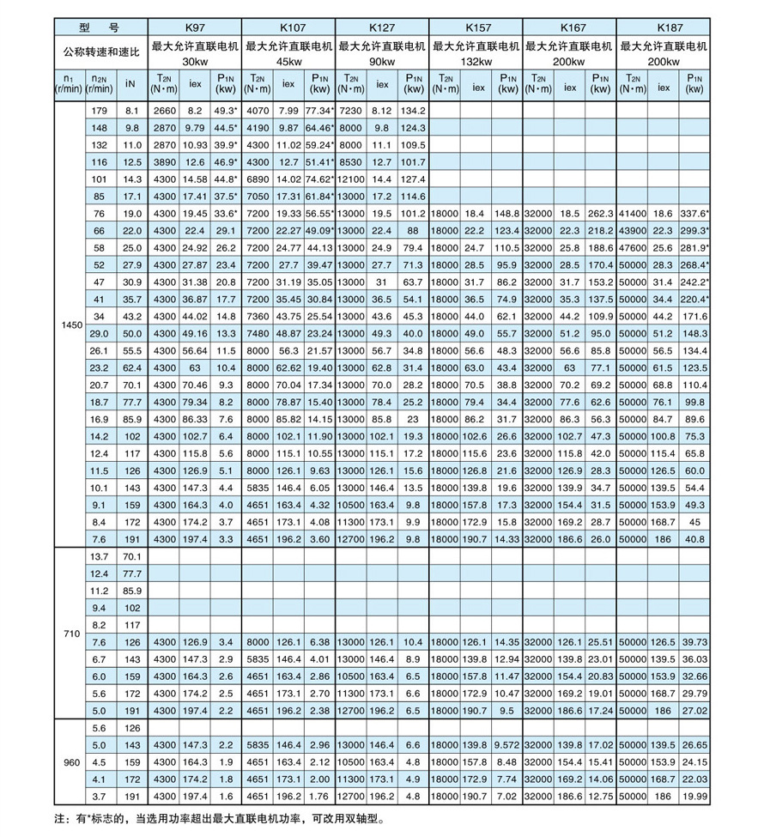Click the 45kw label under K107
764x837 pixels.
(289, 63)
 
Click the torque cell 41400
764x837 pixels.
(632, 214)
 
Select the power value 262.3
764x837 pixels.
(601, 214)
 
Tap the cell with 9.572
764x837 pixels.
(506, 744)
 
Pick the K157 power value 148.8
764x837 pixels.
(506, 214)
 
